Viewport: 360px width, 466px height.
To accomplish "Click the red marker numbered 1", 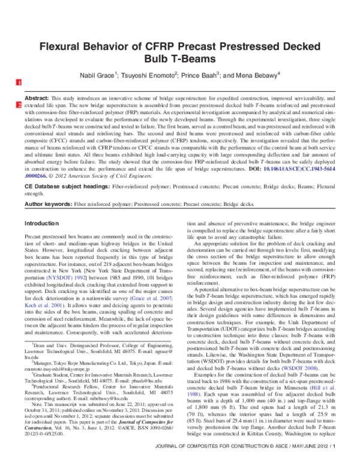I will tap(19, 82).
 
